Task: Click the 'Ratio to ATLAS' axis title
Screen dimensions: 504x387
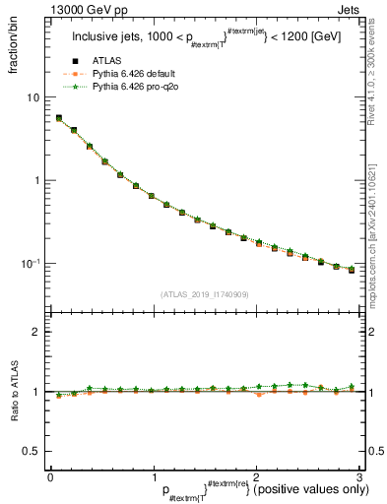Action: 13,392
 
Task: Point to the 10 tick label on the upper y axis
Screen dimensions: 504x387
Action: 32,97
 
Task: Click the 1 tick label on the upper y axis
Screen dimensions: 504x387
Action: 35,180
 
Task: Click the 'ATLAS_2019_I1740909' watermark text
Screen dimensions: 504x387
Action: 204,294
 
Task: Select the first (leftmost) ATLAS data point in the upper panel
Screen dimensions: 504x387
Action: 58,118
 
